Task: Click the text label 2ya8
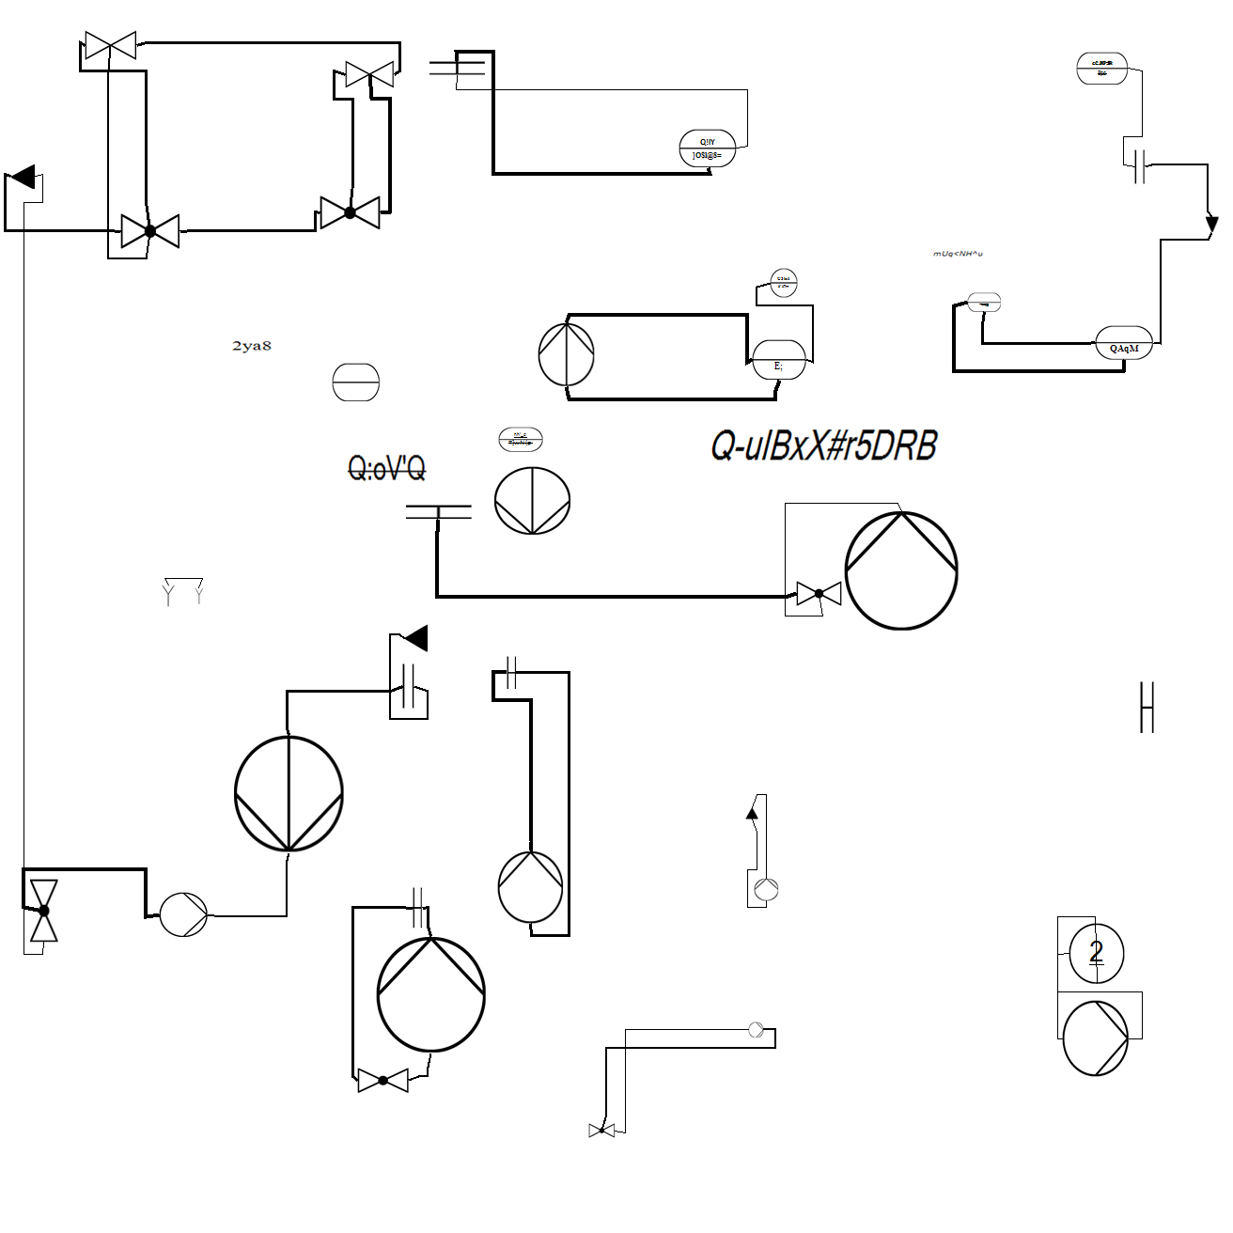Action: (x=251, y=346)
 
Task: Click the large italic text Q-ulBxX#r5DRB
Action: (x=823, y=445)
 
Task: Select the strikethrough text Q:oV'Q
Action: (x=386, y=467)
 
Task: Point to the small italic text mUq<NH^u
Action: (x=958, y=254)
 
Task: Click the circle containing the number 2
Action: (x=1096, y=953)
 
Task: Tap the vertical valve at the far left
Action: (x=43, y=910)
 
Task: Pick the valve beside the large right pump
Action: (x=819, y=594)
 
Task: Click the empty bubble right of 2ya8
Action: (x=356, y=382)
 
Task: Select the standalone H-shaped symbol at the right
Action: (x=1147, y=707)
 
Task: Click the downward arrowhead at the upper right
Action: (x=1211, y=225)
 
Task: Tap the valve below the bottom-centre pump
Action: (x=382, y=1081)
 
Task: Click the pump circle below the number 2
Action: (x=1095, y=1038)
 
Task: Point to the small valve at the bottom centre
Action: (x=601, y=1130)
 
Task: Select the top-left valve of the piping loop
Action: (x=110, y=45)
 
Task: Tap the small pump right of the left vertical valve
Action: (x=183, y=914)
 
